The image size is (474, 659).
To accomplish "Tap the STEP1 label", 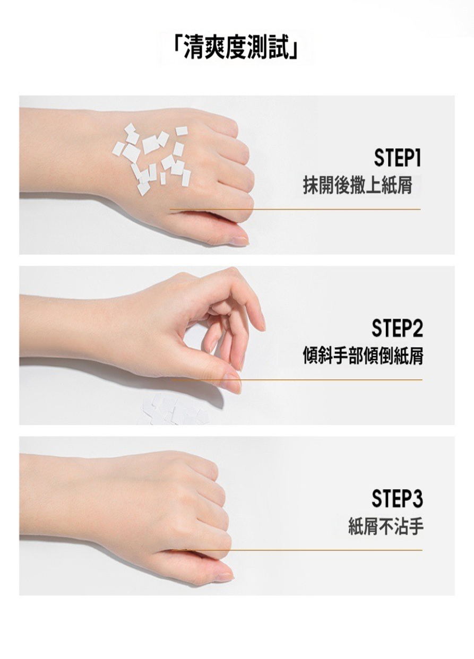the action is click(x=397, y=158).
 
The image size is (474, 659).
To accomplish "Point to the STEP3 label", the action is click(x=397, y=499).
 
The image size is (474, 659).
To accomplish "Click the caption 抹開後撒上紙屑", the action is click(x=357, y=185).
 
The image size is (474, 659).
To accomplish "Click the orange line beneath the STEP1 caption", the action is click(x=295, y=209).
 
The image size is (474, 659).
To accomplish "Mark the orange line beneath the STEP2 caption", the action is click(x=297, y=380).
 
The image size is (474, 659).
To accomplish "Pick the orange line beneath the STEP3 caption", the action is click(x=297, y=550).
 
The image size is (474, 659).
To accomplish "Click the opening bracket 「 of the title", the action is click(x=178, y=49).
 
